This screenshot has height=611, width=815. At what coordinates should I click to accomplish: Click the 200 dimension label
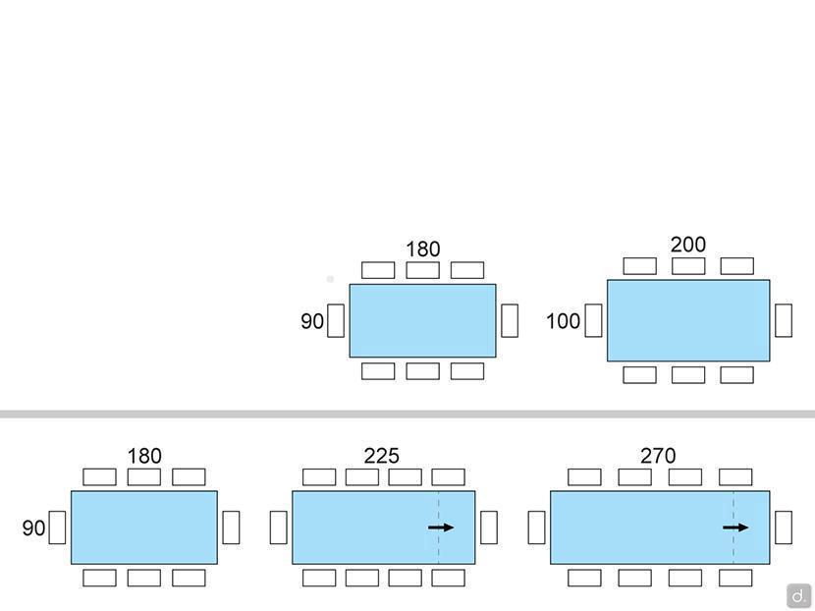(x=687, y=245)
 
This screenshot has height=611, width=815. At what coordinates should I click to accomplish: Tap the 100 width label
(x=563, y=321)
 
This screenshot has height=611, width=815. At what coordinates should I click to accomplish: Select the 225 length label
(x=381, y=456)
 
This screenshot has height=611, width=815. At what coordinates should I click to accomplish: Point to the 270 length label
(x=658, y=456)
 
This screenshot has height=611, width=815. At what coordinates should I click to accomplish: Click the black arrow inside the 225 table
(x=441, y=528)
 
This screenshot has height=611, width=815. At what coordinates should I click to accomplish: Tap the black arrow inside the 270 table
(x=735, y=528)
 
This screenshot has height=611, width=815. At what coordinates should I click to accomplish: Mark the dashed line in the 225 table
(x=439, y=550)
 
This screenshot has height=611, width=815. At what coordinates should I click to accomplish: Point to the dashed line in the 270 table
(x=733, y=550)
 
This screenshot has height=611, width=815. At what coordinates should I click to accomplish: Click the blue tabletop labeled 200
(x=687, y=320)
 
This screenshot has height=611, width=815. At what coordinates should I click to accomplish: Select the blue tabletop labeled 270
(x=638, y=528)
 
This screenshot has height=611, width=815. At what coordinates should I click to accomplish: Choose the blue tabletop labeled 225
(x=363, y=528)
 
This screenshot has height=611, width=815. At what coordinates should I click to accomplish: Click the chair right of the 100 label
(x=593, y=320)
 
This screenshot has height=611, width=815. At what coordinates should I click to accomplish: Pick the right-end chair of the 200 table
(x=784, y=320)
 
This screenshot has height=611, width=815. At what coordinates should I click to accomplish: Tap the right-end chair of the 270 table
(x=784, y=528)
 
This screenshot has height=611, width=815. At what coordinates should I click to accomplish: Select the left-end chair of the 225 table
(x=279, y=528)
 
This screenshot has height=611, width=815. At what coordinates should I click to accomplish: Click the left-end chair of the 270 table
(x=536, y=528)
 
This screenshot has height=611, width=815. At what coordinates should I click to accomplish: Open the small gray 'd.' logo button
(x=798, y=595)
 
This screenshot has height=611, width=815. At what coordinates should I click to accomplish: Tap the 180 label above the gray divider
(x=422, y=250)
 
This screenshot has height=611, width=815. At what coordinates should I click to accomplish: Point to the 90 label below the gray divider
(x=33, y=528)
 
